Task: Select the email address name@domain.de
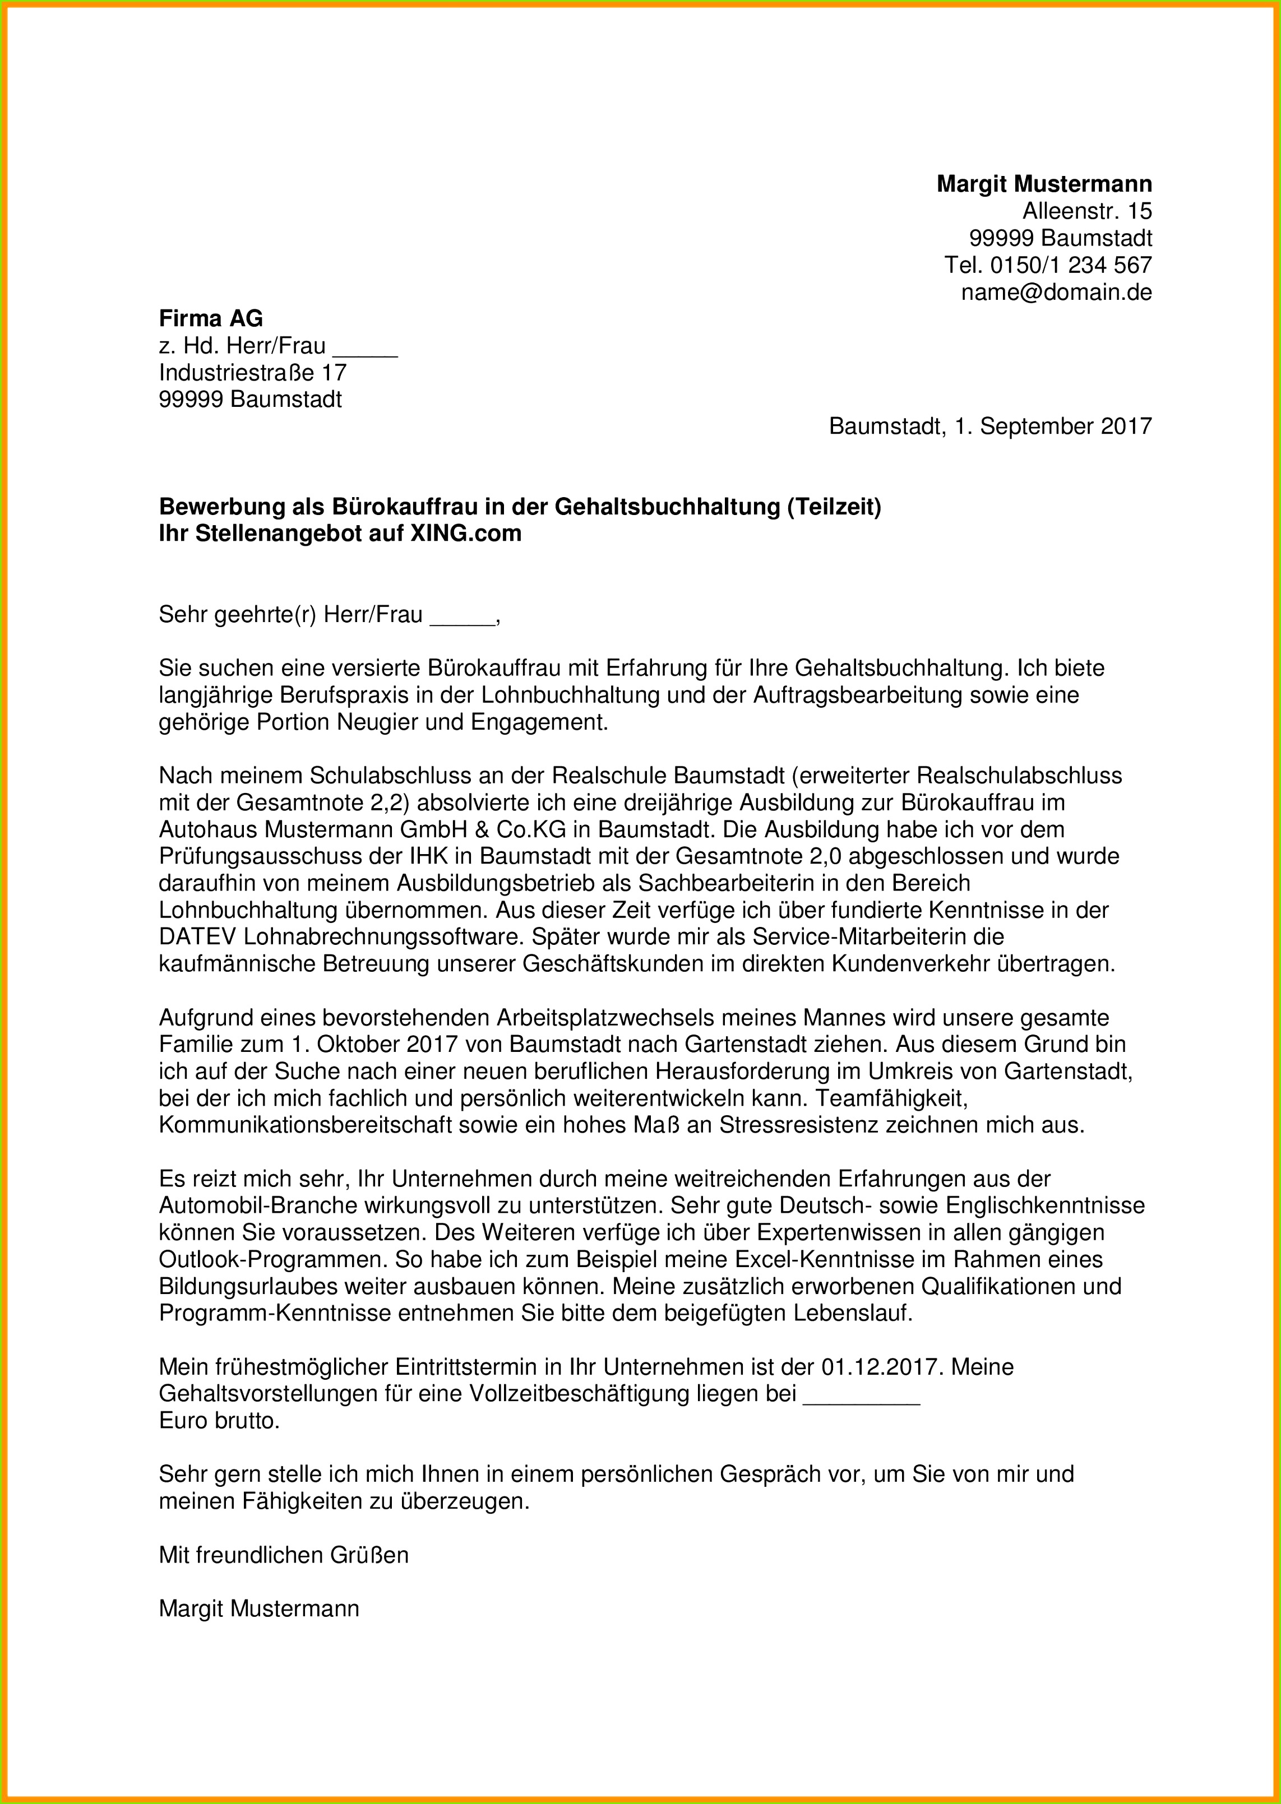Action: click(1056, 293)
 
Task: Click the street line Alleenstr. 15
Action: click(1087, 211)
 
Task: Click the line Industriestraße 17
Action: click(252, 372)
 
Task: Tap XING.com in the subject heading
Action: click(465, 534)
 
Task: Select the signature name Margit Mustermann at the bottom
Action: click(259, 1608)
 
